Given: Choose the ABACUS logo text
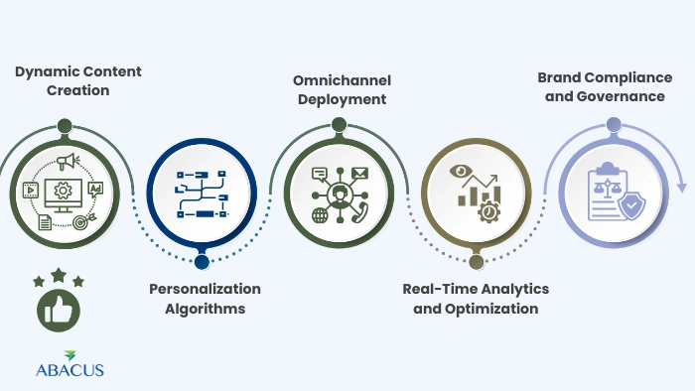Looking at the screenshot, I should point(69,370).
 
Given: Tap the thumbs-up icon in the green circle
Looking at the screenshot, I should point(59,312).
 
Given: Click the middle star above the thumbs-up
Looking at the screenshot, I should point(59,274).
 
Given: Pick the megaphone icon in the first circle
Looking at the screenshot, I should point(67,163).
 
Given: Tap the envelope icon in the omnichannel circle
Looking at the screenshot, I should point(358,175).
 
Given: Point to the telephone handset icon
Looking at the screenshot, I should point(358,210).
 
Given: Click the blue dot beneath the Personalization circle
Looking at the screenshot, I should point(202,262).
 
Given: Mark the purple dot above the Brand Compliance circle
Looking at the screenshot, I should point(614,125).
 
